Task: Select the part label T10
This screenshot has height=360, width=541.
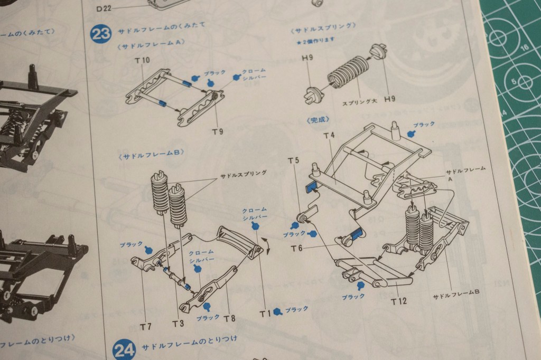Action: point(142,61)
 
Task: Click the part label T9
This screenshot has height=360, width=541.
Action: point(217,131)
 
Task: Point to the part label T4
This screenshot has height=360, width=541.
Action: point(329,136)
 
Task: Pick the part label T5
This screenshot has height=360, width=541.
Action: point(294,160)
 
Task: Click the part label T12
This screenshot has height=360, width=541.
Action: point(399,301)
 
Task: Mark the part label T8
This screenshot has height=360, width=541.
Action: point(229,318)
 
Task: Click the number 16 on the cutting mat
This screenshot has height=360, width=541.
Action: point(525,47)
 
